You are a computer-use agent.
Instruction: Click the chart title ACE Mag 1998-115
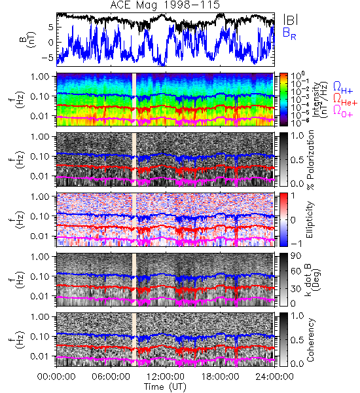coord(165,5)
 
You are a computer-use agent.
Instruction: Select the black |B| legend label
coord(290,20)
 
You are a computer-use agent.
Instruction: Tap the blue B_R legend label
coord(289,33)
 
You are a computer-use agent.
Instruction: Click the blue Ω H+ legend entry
coord(343,87)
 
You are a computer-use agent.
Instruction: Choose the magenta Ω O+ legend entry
coord(343,111)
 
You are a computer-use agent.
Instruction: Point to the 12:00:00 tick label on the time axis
coord(166,377)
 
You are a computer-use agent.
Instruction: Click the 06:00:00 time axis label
coord(111,377)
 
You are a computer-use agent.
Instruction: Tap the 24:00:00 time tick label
coord(274,377)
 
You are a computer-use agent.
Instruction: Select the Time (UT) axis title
coord(166,387)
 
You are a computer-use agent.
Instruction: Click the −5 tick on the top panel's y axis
coord(48,58)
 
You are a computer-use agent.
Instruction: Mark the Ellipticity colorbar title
coord(310,219)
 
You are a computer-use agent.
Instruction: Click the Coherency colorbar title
coord(310,339)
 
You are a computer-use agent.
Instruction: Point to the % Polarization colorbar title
coord(310,160)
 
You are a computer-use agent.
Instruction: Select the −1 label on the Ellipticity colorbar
coord(296,244)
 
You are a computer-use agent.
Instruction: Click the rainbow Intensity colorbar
coord(283,100)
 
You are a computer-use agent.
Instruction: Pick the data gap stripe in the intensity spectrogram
coord(134,100)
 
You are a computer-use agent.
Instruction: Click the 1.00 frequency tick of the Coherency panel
coord(41,316)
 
